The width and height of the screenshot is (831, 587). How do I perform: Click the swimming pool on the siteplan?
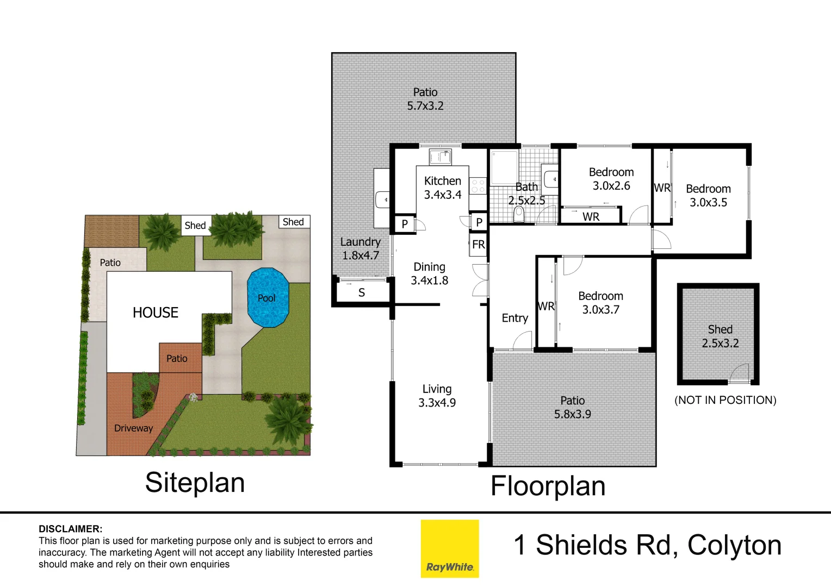pyautogui.click(x=268, y=297)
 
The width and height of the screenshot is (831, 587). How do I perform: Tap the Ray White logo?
pyautogui.click(x=450, y=548)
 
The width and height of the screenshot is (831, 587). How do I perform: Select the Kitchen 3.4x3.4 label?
pyautogui.click(x=443, y=188)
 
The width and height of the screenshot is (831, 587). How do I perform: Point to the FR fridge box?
pyautogui.click(x=478, y=245)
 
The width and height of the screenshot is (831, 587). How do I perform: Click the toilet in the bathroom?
pyautogui.click(x=518, y=215)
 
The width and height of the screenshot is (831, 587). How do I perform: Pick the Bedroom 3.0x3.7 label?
pyautogui.click(x=600, y=303)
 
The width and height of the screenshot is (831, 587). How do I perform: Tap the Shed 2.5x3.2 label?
pyautogui.click(x=720, y=336)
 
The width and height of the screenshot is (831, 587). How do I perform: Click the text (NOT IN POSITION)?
pyautogui.click(x=725, y=400)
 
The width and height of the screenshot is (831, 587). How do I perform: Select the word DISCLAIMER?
pyautogui.click(x=70, y=529)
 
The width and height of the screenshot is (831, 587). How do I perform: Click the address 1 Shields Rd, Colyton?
pyautogui.click(x=647, y=545)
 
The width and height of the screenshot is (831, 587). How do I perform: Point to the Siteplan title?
pyautogui.click(x=195, y=483)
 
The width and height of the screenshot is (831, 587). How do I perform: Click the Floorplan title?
pyautogui.click(x=548, y=486)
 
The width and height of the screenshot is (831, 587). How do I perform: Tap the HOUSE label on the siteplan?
pyautogui.click(x=156, y=313)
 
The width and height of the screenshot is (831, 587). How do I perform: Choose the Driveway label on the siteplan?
pyautogui.click(x=133, y=428)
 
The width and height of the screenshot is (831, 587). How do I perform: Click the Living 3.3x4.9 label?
pyautogui.click(x=437, y=396)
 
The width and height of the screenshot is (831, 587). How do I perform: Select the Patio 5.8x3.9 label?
pyautogui.click(x=572, y=407)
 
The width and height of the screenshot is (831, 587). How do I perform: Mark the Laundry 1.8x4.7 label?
pyautogui.click(x=360, y=248)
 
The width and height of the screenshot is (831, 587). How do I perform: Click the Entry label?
pyautogui.click(x=514, y=318)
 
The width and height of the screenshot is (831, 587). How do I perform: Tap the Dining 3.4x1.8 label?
pyautogui.click(x=429, y=273)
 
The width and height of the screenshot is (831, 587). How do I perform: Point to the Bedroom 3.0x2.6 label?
pyautogui.click(x=611, y=179)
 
